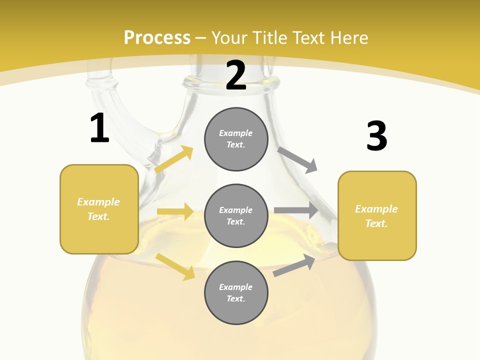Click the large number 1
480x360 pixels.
pos(99,128)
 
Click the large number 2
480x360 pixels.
pos(236,75)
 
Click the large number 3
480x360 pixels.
pos(377,136)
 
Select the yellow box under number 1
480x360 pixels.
pos(99,209)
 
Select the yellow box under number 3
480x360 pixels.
pos(377,215)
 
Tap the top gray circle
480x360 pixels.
pos(236,139)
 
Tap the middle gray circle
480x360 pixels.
pos(236,215)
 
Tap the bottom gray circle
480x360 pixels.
pos(236,292)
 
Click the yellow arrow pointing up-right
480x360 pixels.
pos(174,159)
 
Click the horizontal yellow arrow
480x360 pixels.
pos(175,211)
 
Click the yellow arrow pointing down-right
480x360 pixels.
pos(175,267)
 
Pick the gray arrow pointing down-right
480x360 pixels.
pos(297,160)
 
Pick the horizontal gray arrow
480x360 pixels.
pos(296,210)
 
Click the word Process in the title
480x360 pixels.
pos(157,37)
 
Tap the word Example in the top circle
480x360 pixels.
pos(235,133)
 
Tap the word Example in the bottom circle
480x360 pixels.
pos(235,287)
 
